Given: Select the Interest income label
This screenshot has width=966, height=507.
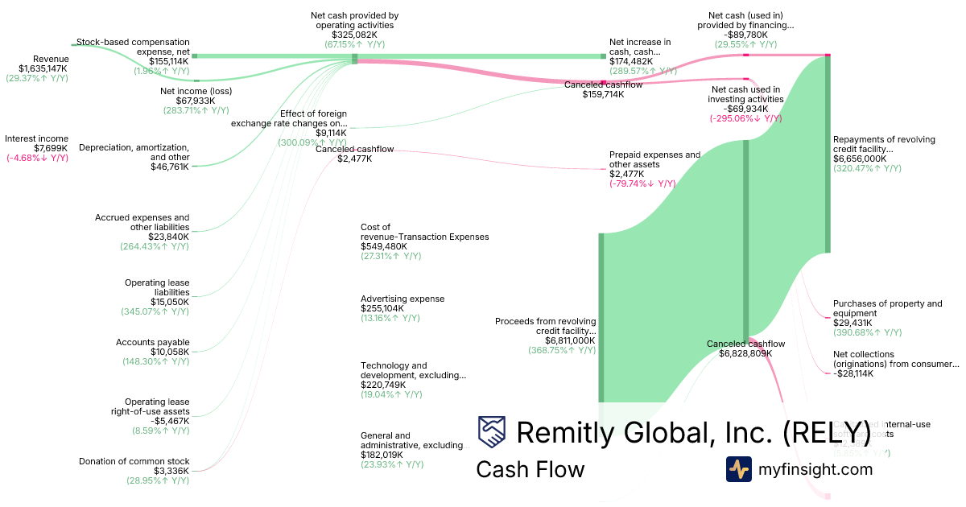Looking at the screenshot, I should (36, 138).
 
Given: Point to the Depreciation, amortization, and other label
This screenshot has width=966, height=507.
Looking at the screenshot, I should (134, 152).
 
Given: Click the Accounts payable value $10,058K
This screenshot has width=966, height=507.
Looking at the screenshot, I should (170, 352).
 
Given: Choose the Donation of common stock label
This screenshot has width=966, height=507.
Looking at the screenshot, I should (134, 461).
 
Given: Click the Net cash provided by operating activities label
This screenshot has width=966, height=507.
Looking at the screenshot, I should (354, 20).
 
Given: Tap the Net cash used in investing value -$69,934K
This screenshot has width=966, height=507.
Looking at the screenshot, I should (745, 109).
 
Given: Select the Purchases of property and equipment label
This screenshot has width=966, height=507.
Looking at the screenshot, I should (887, 308).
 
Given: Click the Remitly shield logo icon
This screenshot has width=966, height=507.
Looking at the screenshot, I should (492, 432).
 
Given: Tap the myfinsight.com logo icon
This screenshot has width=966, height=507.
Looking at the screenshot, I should (739, 469).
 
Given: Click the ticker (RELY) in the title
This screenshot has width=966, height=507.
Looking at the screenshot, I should (827, 432).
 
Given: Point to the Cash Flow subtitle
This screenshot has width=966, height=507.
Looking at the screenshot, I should (530, 469).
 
